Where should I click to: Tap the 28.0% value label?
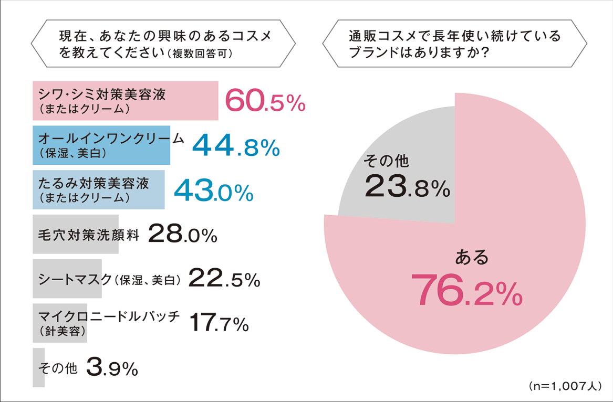pos(183,235)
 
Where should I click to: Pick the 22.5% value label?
pos(224,278)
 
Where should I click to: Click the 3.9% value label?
pos(111,368)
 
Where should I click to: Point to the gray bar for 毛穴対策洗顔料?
pos(76,235)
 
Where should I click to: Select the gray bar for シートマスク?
pos(67,278)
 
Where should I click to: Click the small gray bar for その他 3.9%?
pos(38,367)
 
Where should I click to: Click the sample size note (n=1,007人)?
pos(565,386)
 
